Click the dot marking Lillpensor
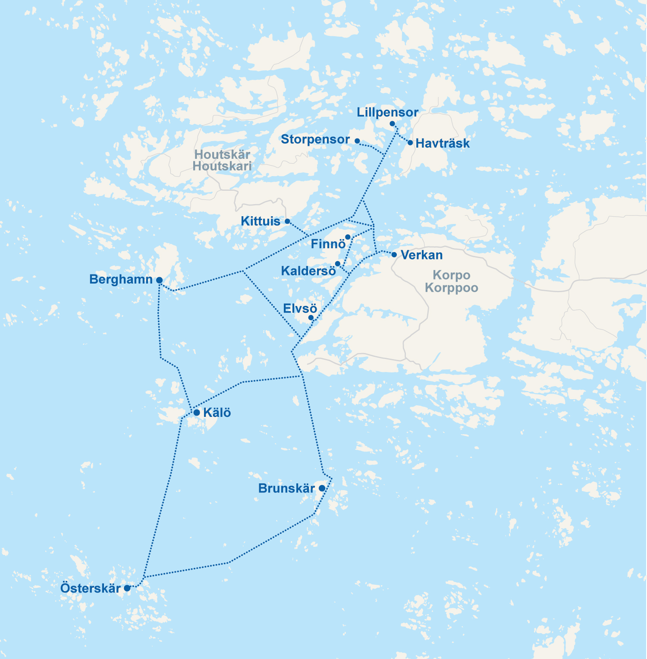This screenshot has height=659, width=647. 392,124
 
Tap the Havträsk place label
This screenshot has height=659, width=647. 443,143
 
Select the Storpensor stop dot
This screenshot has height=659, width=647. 357,141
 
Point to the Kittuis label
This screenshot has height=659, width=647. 261,221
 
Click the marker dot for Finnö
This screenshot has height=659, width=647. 348,237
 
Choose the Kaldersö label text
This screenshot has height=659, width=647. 308,271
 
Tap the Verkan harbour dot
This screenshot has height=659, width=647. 394,255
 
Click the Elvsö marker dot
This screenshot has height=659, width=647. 311,318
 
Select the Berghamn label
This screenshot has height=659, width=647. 121,279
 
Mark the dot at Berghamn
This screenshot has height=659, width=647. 159,280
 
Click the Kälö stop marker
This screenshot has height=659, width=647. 197,413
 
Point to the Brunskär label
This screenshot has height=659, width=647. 286,489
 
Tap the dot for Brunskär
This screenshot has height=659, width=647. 322,488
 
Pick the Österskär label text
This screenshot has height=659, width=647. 91,588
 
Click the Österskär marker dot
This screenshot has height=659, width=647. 127,588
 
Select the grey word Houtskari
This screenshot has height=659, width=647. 222,166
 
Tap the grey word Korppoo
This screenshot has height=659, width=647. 451,287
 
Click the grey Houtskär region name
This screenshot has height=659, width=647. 222,154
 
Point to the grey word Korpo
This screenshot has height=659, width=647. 451,275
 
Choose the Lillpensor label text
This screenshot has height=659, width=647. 387,113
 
